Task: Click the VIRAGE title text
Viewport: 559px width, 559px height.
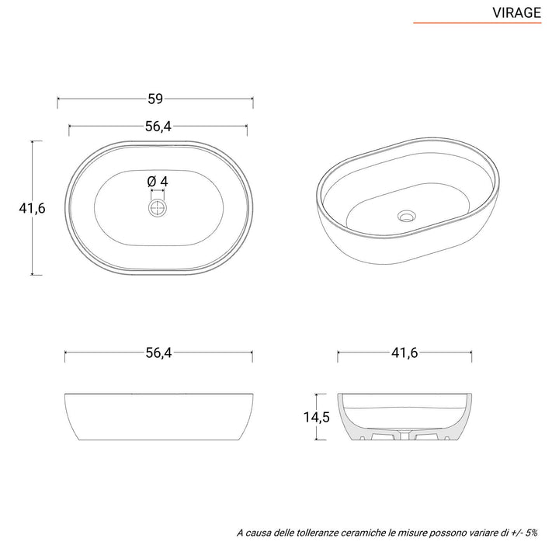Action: [516, 12]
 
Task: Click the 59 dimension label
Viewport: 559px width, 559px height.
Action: [155, 99]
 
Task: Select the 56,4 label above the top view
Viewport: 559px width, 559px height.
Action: [158, 127]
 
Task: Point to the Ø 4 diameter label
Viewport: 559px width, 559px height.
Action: [158, 181]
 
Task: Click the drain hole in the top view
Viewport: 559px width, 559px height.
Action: [158, 207]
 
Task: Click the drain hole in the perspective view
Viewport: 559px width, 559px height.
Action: [405, 215]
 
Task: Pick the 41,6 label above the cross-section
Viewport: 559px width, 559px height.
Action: [404, 353]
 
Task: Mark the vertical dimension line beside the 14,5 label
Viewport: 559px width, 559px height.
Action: [332, 418]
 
